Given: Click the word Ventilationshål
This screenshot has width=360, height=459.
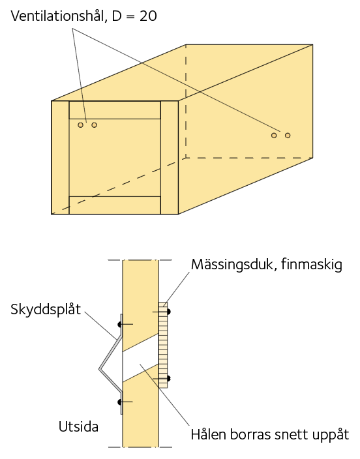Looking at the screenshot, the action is click(57, 16).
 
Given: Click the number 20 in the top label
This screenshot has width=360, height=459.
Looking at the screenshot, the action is click(148, 16).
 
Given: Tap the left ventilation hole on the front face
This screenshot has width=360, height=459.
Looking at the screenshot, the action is click(81, 125).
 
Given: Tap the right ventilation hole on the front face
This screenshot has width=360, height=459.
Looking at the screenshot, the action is click(94, 125).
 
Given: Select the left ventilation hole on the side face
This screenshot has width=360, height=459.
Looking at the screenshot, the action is click(274, 135).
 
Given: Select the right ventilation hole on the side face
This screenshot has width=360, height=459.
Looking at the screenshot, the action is click(288, 135).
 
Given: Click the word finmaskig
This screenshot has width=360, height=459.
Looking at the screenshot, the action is click(311, 264).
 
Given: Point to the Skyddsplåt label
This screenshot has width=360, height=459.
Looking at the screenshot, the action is click(46, 310).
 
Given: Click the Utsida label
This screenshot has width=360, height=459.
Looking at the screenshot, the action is click(78, 427).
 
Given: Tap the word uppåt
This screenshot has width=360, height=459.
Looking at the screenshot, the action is click(331, 435).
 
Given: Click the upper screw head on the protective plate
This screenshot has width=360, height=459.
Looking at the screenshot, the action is click(119, 324).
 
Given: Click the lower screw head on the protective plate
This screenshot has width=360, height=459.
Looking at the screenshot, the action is click(119, 402).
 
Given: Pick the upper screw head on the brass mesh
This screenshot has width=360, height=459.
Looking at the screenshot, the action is click(168, 312).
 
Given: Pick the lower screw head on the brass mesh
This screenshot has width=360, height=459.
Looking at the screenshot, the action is click(168, 379).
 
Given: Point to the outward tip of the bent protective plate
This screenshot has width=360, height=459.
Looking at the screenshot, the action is click(99, 370).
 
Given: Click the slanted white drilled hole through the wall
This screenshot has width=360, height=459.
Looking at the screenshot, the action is click(140, 359).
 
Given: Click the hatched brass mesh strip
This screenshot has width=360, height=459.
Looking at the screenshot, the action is click(163, 345).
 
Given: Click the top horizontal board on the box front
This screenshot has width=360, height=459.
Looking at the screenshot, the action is click(115, 110).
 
